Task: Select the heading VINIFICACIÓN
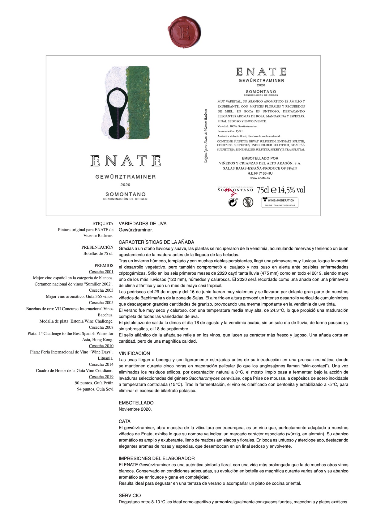[x=134, y=353]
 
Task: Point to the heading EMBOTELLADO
[x=136, y=403]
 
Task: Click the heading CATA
[x=125, y=421]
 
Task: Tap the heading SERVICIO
[x=130, y=495]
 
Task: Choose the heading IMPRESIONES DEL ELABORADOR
[x=157, y=458]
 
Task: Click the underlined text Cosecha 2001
[x=101, y=272]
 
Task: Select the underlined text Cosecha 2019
[x=101, y=377]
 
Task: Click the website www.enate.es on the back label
[x=260, y=178]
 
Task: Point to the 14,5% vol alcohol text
[x=292, y=190]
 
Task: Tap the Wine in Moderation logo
[x=280, y=202]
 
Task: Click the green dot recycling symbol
[x=233, y=202]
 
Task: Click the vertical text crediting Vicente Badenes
[x=206, y=136]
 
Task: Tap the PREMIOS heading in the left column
[x=104, y=265]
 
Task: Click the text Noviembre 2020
[x=135, y=409]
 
